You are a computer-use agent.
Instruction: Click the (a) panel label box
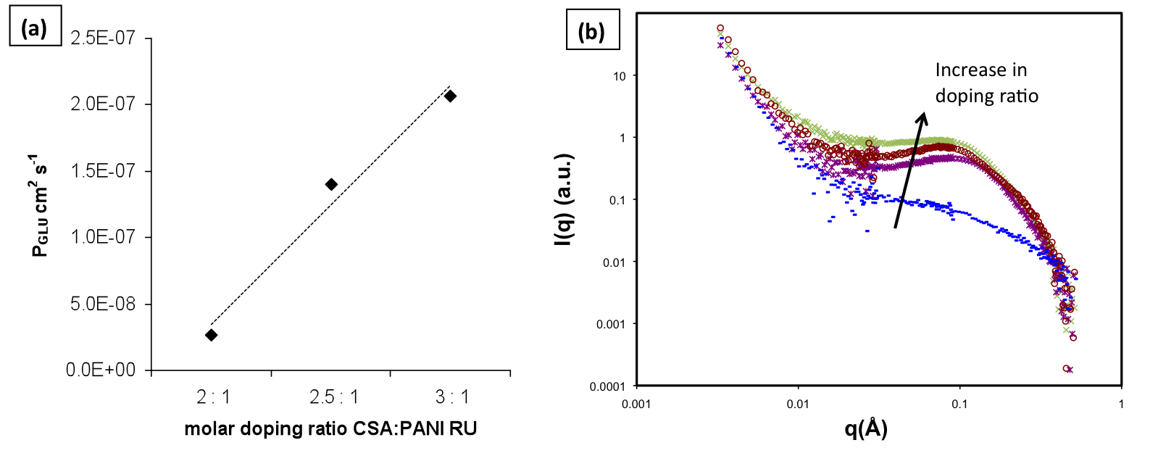pyautogui.click(x=34, y=28)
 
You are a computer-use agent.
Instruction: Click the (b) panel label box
pyautogui.click(x=591, y=31)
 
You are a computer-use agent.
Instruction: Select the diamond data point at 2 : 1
pyautogui.click(x=211, y=335)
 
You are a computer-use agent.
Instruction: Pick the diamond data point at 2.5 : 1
pyautogui.click(x=331, y=184)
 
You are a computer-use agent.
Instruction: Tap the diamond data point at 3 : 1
pyautogui.click(x=450, y=96)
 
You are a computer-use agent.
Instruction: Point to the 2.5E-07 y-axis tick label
pyautogui.click(x=103, y=38)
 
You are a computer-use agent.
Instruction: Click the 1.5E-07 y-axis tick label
pyautogui.click(x=103, y=170)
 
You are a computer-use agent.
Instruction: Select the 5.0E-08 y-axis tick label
pyautogui.click(x=103, y=304)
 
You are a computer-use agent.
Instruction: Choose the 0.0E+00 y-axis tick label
pyautogui.click(x=101, y=370)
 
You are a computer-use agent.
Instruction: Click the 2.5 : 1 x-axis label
pyautogui.click(x=333, y=397)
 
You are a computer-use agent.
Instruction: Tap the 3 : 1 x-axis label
pyautogui.click(x=452, y=397)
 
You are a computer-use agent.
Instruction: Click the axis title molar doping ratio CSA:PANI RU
pyautogui.click(x=330, y=428)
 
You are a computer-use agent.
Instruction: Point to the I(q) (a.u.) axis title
pyautogui.click(x=563, y=199)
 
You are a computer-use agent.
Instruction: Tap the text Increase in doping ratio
pyautogui.click(x=986, y=83)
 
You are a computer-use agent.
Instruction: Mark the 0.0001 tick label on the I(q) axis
pyautogui.click(x=607, y=386)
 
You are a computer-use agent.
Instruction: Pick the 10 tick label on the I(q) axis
pyautogui.click(x=619, y=76)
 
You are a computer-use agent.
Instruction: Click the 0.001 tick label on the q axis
pyautogui.click(x=636, y=404)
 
